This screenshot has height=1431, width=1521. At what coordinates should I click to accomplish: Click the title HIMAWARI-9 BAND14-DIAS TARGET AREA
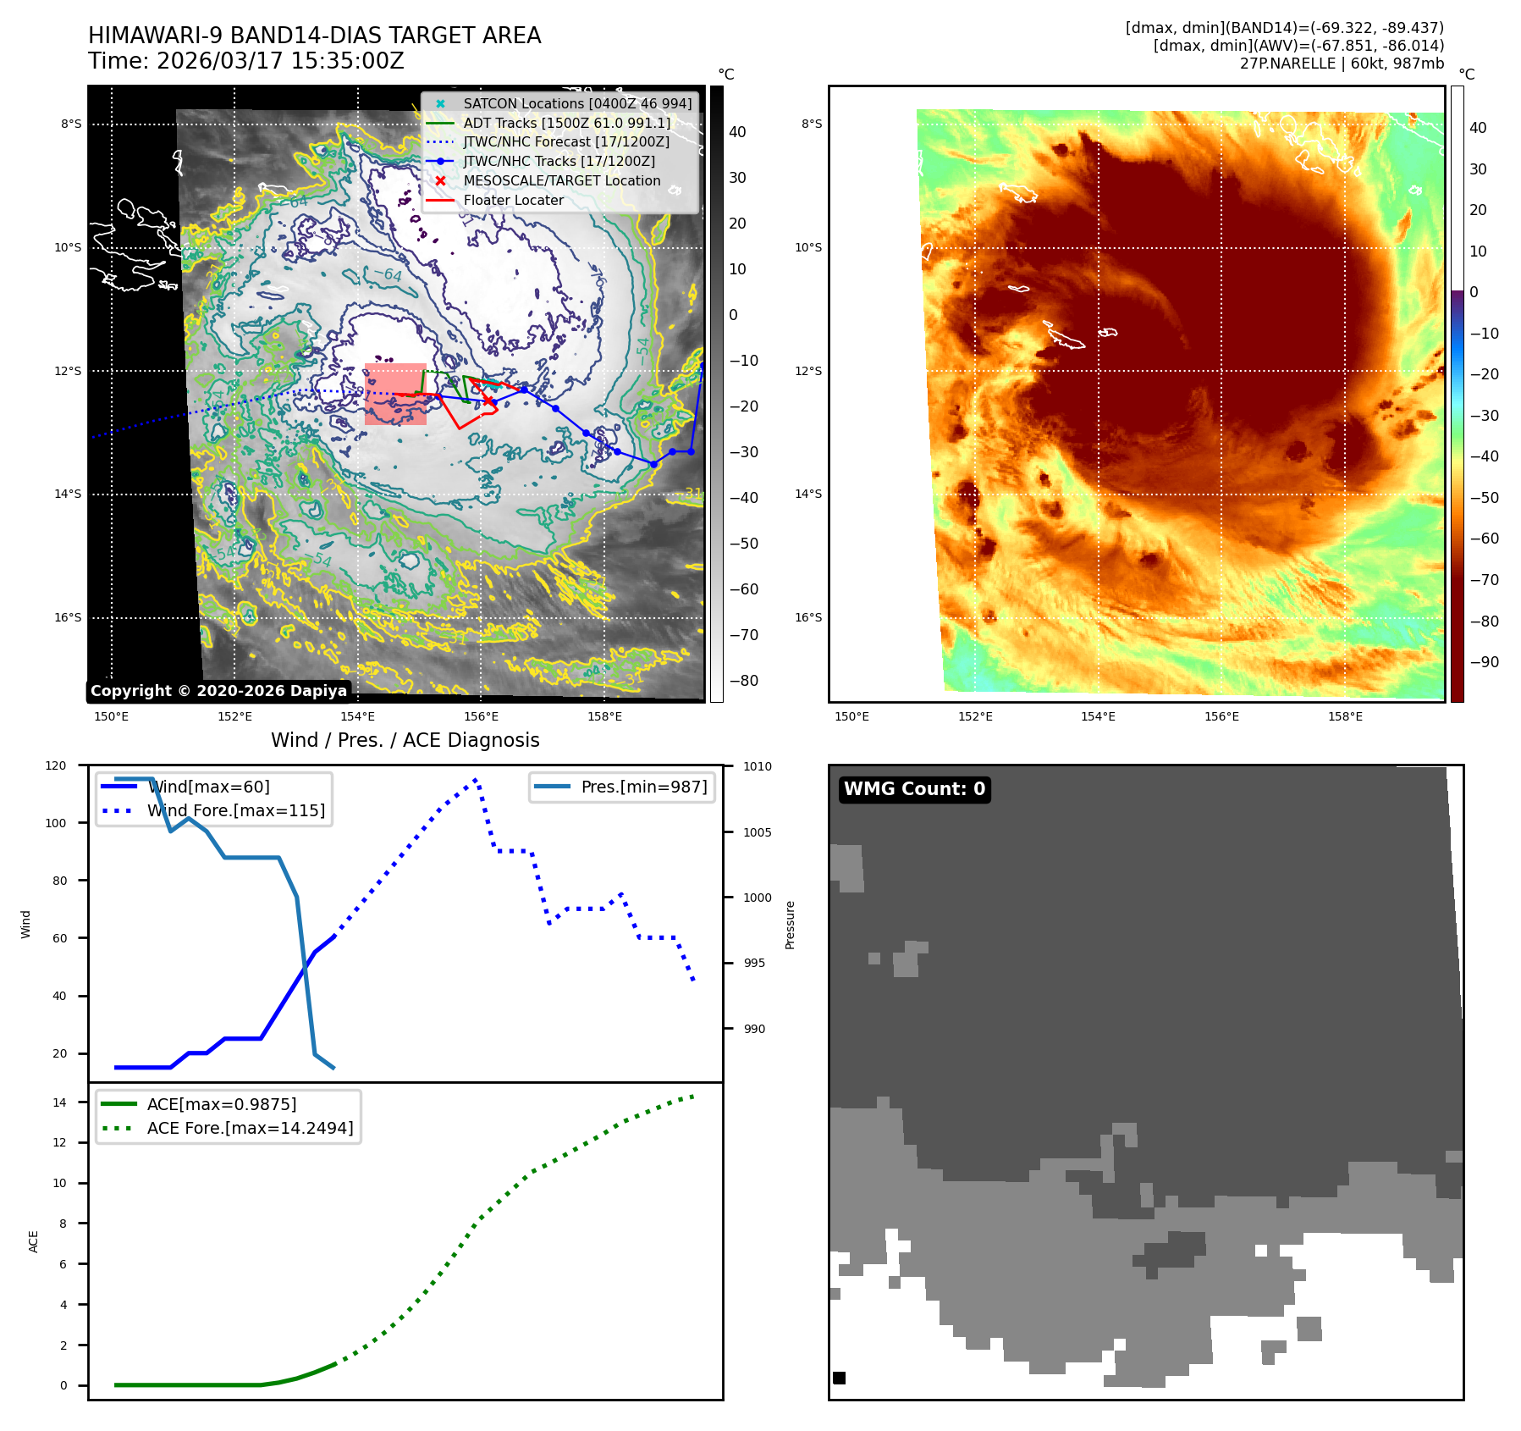coord(314,36)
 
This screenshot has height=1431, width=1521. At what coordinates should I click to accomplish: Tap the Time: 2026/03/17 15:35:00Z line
coord(245,61)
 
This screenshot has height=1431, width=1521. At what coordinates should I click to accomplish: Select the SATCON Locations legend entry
coord(576,103)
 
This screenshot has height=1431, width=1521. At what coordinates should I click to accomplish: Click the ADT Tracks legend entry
coord(566,123)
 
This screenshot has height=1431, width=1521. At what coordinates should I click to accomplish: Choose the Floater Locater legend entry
coord(513,200)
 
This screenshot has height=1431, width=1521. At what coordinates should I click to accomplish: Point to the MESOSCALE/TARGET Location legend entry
coord(561,180)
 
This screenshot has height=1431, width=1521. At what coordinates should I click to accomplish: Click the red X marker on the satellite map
coord(488,400)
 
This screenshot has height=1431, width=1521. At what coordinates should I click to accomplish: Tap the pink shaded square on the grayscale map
coord(395,394)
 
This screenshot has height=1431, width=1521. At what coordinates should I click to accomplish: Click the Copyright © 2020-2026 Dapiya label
coord(218,691)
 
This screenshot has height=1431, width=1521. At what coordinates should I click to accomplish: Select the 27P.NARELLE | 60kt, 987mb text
coord(1342,64)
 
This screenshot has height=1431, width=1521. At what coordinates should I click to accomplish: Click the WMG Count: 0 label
coord(914,789)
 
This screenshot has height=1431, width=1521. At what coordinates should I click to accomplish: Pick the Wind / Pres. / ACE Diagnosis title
coord(405,740)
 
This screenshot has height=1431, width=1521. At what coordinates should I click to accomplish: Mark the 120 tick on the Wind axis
coord(56,765)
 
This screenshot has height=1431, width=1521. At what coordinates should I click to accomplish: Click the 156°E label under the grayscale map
coord(481,716)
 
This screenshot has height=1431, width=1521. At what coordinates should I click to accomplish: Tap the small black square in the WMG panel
coord(839,1378)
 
